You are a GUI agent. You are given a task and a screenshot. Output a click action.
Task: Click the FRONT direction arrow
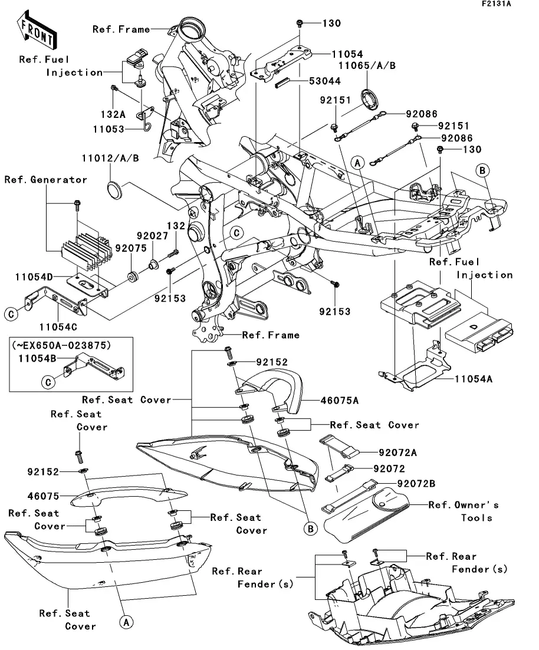pyautogui.click(x=35, y=32)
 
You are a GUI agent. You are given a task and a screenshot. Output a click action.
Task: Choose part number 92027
pyautogui.click(x=149, y=235)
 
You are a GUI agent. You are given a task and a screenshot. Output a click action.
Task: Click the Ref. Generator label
pyautogui.click(x=45, y=180)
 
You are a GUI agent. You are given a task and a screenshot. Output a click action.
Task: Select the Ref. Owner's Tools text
pyautogui.click(x=464, y=511)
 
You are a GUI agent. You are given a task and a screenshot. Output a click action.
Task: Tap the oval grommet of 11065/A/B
pyautogui.click(x=372, y=98)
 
